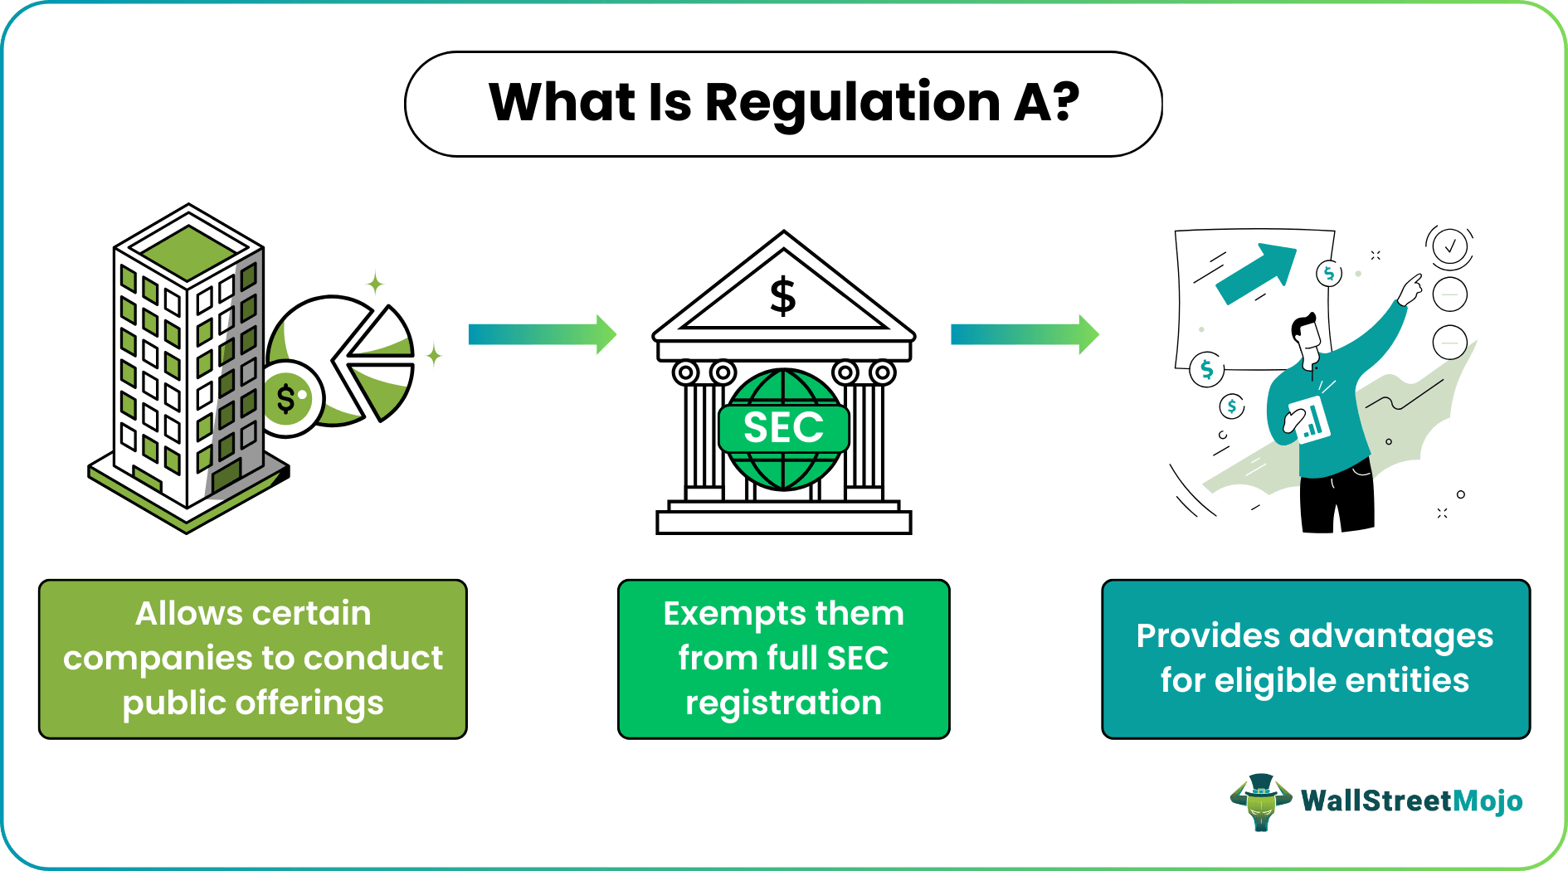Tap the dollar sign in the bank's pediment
782,296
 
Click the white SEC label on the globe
783,428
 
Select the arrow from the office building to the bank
542,334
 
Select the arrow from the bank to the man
1024,334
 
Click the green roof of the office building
189,251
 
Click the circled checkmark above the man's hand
1450,246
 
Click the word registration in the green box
783,703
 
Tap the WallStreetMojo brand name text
1411,801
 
